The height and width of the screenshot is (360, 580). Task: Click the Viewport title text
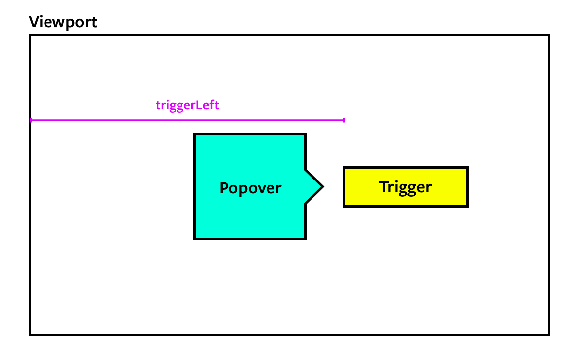tap(63, 22)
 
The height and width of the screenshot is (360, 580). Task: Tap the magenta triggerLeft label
tap(187, 105)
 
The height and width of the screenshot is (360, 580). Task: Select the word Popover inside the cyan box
tap(250, 188)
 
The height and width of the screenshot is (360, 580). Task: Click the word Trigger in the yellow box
tap(405, 187)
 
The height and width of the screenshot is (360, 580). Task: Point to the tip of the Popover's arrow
tap(323, 187)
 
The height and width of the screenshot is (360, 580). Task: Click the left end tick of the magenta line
tap(31, 120)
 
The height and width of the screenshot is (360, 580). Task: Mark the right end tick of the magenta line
tap(344, 120)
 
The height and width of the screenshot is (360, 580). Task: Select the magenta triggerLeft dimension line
tap(187, 120)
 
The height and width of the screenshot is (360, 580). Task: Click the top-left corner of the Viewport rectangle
tap(30, 35)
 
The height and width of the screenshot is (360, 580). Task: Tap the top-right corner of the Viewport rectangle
tap(549, 35)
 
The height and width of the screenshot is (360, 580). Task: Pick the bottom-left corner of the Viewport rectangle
tap(30, 335)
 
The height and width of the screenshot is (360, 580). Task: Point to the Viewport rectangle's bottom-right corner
tap(549, 335)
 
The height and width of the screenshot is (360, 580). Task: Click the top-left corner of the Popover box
tap(195, 135)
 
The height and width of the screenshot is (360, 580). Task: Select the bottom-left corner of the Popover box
tap(195, 239)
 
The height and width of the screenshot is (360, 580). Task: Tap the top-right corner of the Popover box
tap(306, 135)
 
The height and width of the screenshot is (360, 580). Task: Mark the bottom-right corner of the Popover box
tap(306, 239)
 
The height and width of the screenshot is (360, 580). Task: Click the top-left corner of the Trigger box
tap(344, 168)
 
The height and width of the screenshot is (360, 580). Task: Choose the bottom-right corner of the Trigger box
tap(467, 206)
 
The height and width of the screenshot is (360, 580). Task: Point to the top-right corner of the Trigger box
tap(467, 168)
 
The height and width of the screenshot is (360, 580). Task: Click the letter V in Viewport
tap(34, 22)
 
